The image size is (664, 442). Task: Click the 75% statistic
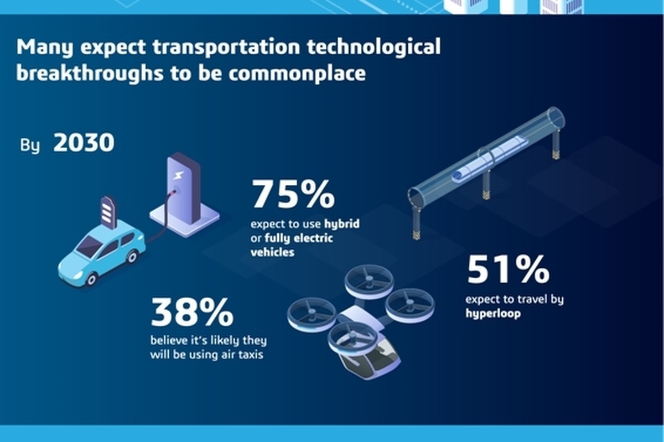tap(293, 194)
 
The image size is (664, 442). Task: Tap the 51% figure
tap(508, 269)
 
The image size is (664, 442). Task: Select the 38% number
tap(192, 312)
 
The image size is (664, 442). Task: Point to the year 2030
tap(84, 143)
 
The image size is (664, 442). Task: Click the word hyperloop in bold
tap(493, 314)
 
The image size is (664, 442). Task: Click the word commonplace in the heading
tap(297, 73)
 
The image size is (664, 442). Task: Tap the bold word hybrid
tap(342, 223)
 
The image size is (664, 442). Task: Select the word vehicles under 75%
tap(272, 252)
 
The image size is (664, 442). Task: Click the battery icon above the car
tap(108, 212)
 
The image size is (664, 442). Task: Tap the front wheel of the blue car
tap(91, 279)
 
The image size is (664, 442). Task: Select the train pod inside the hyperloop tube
tap(490, 159)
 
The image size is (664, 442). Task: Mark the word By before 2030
tap(30, 145)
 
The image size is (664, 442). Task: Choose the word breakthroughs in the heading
tap(90, 73)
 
